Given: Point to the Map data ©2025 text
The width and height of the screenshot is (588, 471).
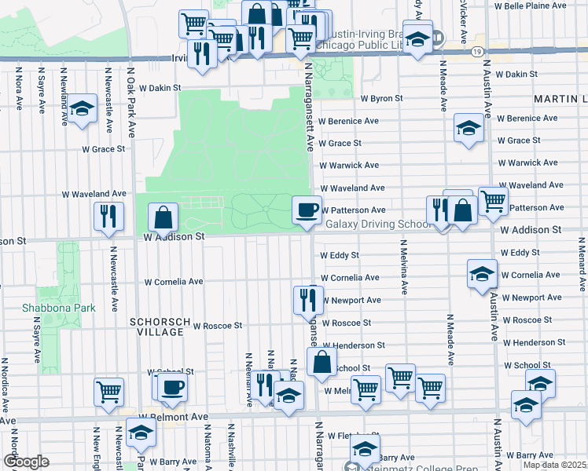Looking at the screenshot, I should pyautogui.click(x=555, y=465).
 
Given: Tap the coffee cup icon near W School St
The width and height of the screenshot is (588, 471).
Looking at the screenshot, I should pyautogui.click(x=172, y=387).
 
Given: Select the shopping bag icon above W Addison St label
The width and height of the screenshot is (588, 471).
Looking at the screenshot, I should pyautogui.click(x=162, y=217).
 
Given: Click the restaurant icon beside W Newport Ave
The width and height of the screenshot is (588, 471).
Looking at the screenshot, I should pyautogui.click(x=307, y=299).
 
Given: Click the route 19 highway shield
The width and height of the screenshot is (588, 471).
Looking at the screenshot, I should pyautogui.click(x=478, y=51).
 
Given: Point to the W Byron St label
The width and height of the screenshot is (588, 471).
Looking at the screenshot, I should pyautogui.click(x=381, y=99).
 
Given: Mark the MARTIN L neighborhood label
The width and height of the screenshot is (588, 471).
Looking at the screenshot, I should pyautogui.click(x=560, y=100).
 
